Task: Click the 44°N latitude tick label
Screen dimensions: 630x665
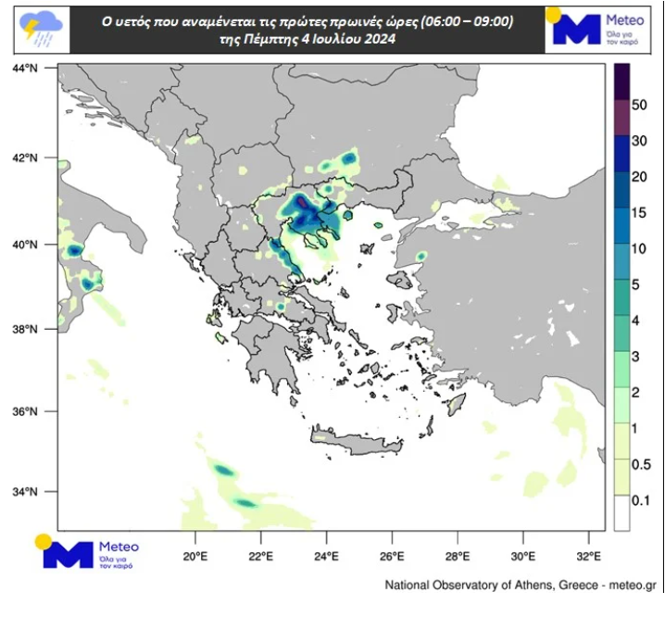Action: point(26,69)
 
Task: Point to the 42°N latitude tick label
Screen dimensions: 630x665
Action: point(26,157)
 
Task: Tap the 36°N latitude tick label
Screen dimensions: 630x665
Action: point(26,411)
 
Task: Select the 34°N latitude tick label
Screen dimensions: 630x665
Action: point(26,492)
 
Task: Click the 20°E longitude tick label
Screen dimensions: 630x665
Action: point(194,557)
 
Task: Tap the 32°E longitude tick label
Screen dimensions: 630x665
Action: point(589,557)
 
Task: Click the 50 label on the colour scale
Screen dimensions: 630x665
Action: point(639,106)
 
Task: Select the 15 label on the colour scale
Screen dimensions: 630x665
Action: point(639,212)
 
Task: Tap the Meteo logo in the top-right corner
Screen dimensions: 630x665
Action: point(602,28)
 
